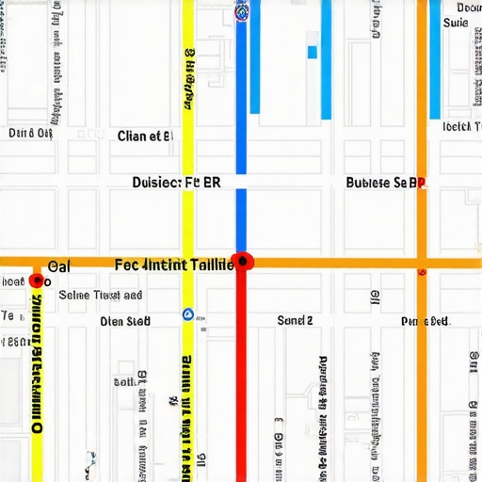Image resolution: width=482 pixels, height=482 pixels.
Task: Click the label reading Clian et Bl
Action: tap(145, 136)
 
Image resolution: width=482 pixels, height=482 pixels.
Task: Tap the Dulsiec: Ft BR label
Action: tap(176, 183)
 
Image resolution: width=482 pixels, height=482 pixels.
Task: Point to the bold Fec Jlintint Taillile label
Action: tap(174, 265)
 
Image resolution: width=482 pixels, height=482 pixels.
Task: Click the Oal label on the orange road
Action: tap(58, 266)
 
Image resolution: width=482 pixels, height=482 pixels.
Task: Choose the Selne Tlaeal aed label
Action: tap(101, 295)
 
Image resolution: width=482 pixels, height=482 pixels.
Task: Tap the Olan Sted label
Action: tap(125, 321)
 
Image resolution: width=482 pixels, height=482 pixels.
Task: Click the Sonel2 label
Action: tap(295, 320)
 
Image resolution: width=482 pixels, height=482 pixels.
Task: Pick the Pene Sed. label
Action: tap(424, 322)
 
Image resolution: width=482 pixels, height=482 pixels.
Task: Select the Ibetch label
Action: tap(457, 126)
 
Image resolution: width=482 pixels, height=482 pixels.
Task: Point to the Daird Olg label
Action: tap(30, 134)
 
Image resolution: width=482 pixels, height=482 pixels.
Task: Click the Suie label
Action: tap(455, 22)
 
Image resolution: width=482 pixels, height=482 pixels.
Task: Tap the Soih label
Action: tap(123, 382)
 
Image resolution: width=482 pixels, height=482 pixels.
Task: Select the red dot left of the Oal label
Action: tap(37, 281)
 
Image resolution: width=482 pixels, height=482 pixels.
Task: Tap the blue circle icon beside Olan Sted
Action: tap(186, 314)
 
